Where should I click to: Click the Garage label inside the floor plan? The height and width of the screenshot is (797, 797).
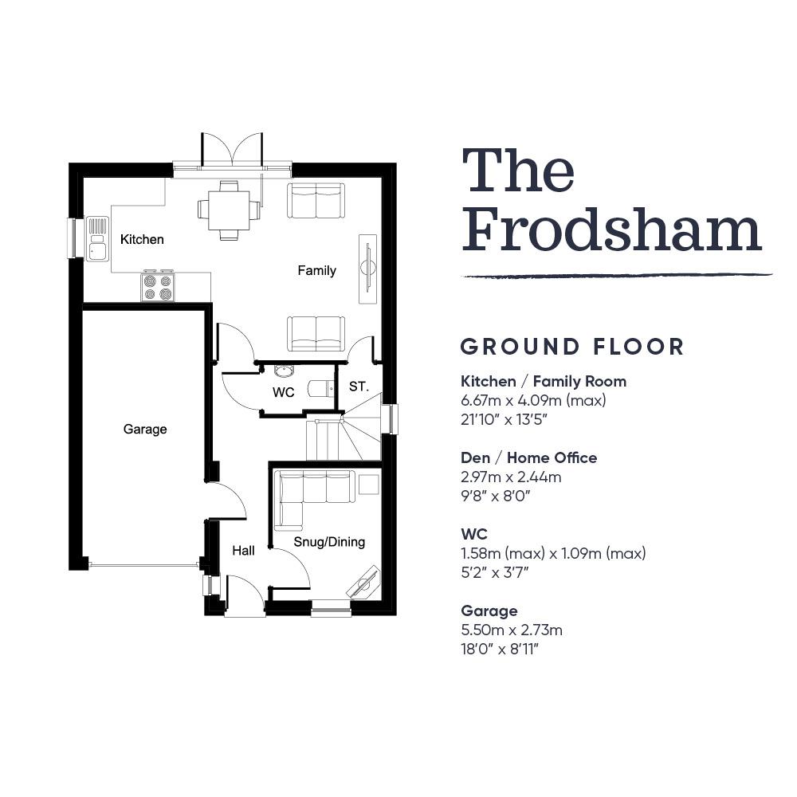click(145, 430)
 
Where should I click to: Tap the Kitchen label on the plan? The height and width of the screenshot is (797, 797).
click(142, 239)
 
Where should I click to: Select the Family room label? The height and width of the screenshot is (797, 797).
click(316, 270)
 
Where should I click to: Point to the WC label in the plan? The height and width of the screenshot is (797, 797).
click(283, 392)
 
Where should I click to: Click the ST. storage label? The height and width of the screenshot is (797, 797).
click(359, 387)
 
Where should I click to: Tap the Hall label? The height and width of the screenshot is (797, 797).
click(243, 551)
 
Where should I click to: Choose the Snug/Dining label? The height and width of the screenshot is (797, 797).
click(329, 542)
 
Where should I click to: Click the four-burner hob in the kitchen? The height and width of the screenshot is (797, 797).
click(158, 285)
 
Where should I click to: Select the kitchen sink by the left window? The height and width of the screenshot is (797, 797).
click(97, 239)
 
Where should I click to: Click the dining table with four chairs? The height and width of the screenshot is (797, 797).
click(229, 210)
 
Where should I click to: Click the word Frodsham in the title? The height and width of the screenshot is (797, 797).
click(611, 232)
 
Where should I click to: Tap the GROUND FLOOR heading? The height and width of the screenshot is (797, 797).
click(571, 347)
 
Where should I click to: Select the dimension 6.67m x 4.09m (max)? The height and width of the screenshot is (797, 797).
click(533, 401)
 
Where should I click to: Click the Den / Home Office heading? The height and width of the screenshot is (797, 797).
click(528, 458)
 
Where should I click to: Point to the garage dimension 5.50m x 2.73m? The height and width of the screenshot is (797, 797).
click(512, 630)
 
